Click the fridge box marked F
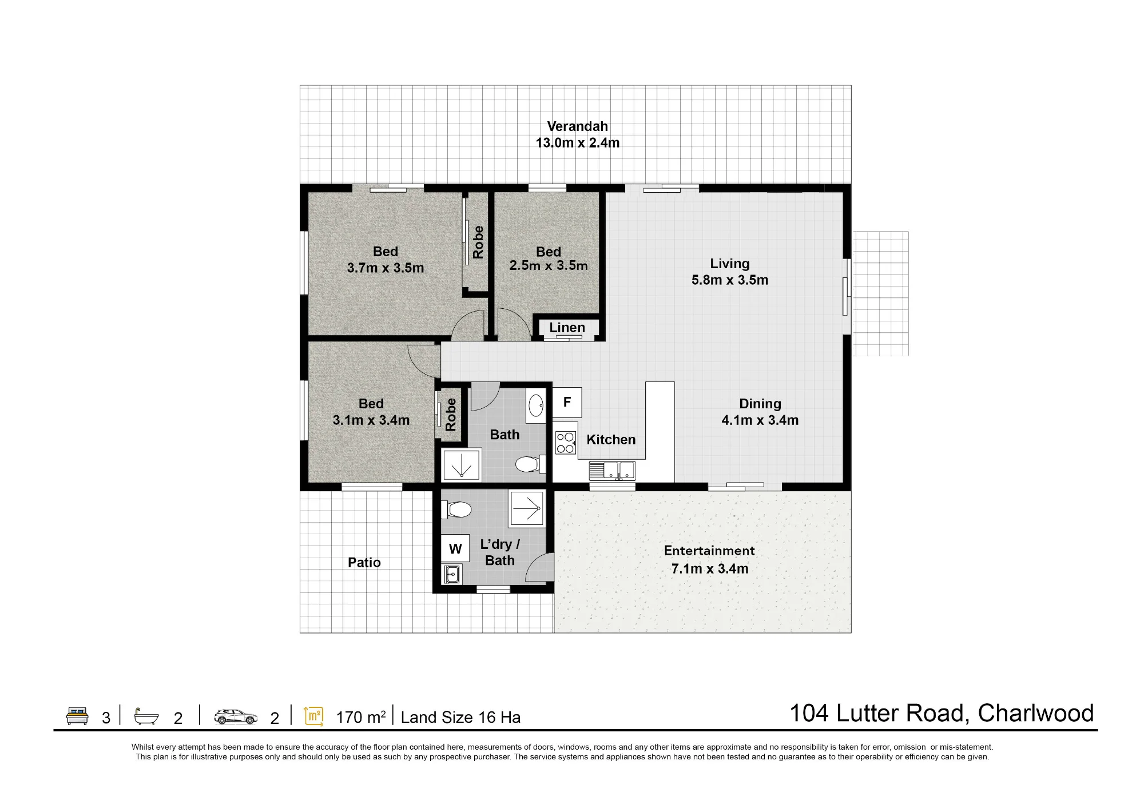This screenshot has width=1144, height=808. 567,402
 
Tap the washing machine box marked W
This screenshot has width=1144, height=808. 455,549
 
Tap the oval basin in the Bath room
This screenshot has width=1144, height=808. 536,406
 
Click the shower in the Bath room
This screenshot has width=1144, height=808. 462,464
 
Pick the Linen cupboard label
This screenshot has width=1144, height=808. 567,328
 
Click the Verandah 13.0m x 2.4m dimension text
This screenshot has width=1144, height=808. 578,143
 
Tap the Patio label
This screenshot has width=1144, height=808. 364,563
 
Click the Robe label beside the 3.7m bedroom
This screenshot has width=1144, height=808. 478,242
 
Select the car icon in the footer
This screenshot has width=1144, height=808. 236,717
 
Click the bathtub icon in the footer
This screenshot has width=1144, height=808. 146,716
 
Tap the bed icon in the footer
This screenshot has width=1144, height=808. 77,716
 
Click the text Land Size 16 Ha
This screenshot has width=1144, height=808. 460,718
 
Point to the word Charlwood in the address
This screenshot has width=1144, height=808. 1036,713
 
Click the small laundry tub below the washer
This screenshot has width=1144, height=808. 452,574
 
